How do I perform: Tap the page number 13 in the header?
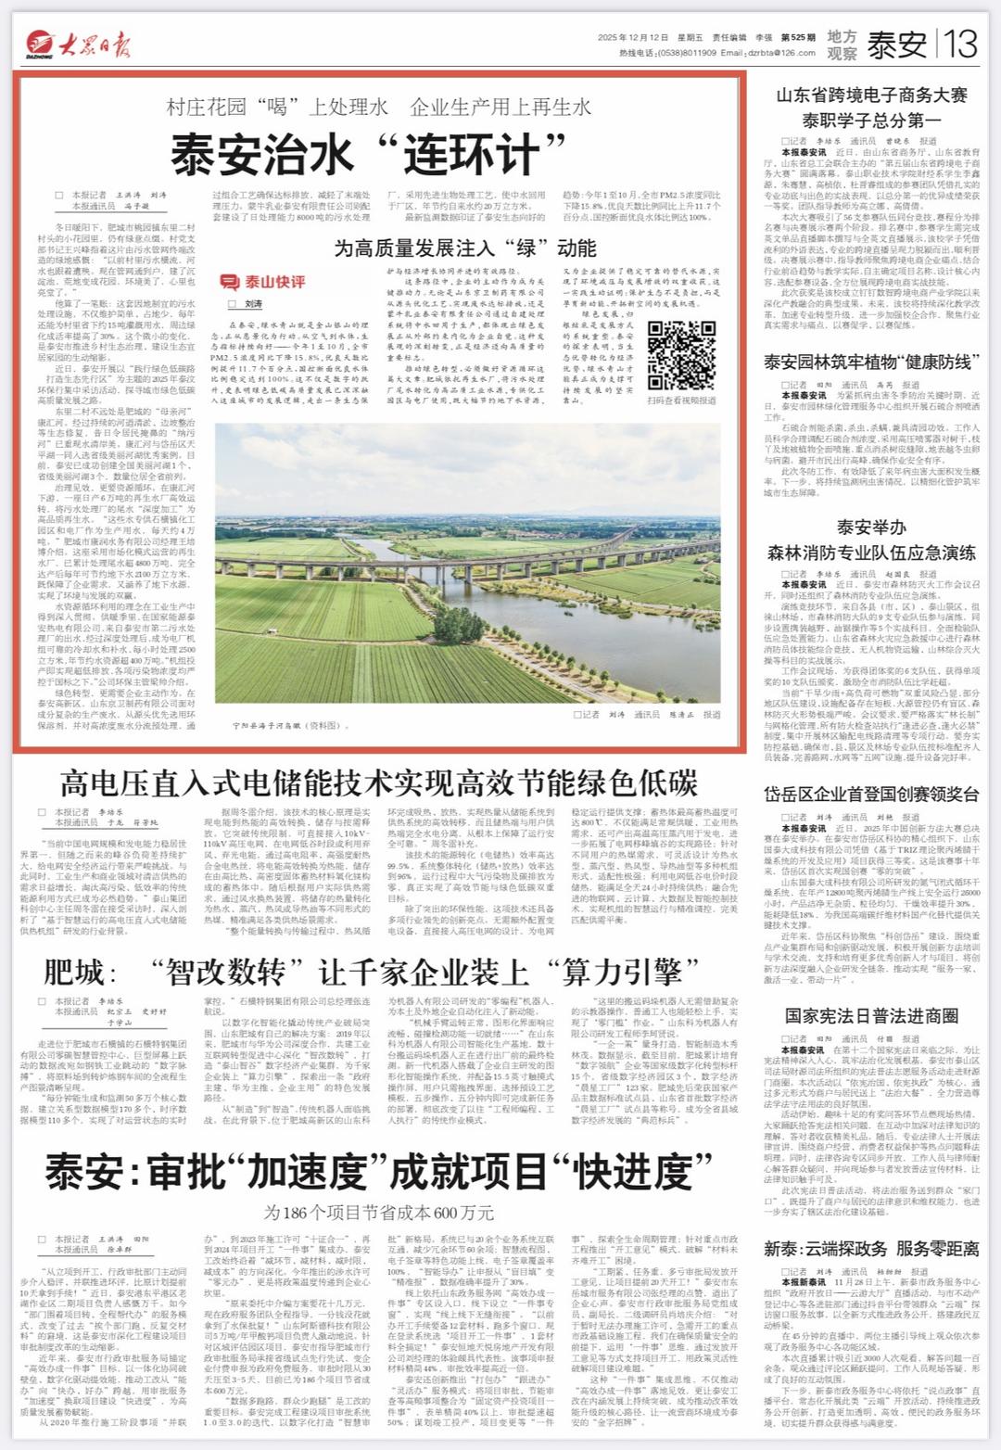point(958,43)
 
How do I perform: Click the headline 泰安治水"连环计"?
point(368,154)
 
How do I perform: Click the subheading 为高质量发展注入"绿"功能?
point(464,248)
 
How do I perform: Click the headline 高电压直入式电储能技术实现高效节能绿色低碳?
point(378,783)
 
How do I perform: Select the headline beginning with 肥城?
point(371,972)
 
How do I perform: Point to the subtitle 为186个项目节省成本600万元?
point(378,1213)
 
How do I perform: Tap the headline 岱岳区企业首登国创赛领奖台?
point(871,795)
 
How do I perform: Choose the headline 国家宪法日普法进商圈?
point(871,1016)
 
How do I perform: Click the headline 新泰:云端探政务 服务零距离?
point(871,1249)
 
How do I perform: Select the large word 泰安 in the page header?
point(896,44)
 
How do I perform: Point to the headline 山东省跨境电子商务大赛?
point(871,95)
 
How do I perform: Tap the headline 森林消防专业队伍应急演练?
point(871,553)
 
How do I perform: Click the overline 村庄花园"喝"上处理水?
point(277,108)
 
